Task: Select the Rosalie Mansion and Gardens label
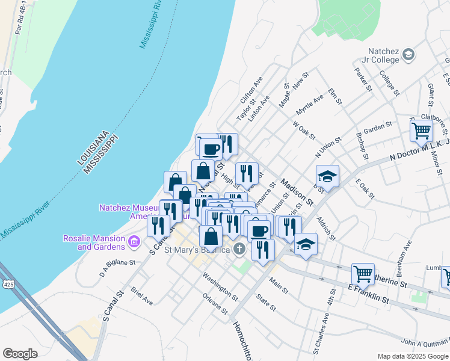pyautogui.click(x=94, y=242)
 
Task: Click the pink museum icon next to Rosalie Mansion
pyautogui.click(x=134, y=242)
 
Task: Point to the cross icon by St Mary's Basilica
pyautogui.click(x=239, y=248)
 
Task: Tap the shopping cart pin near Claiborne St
pyautogui.click(x=421, y=130)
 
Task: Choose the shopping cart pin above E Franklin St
pyautogui.click(x=363, y=274)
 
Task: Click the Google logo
pyautogui.click(x=20, y=354)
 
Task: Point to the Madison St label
pyautogui.click(x=297, y=192)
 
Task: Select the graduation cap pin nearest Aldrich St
pyautogui.click(x=306, y=244)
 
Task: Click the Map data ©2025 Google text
pyautogui.click(x=413, y=356)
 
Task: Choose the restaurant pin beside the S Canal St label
pyautogui.click(x=158, y=226)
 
